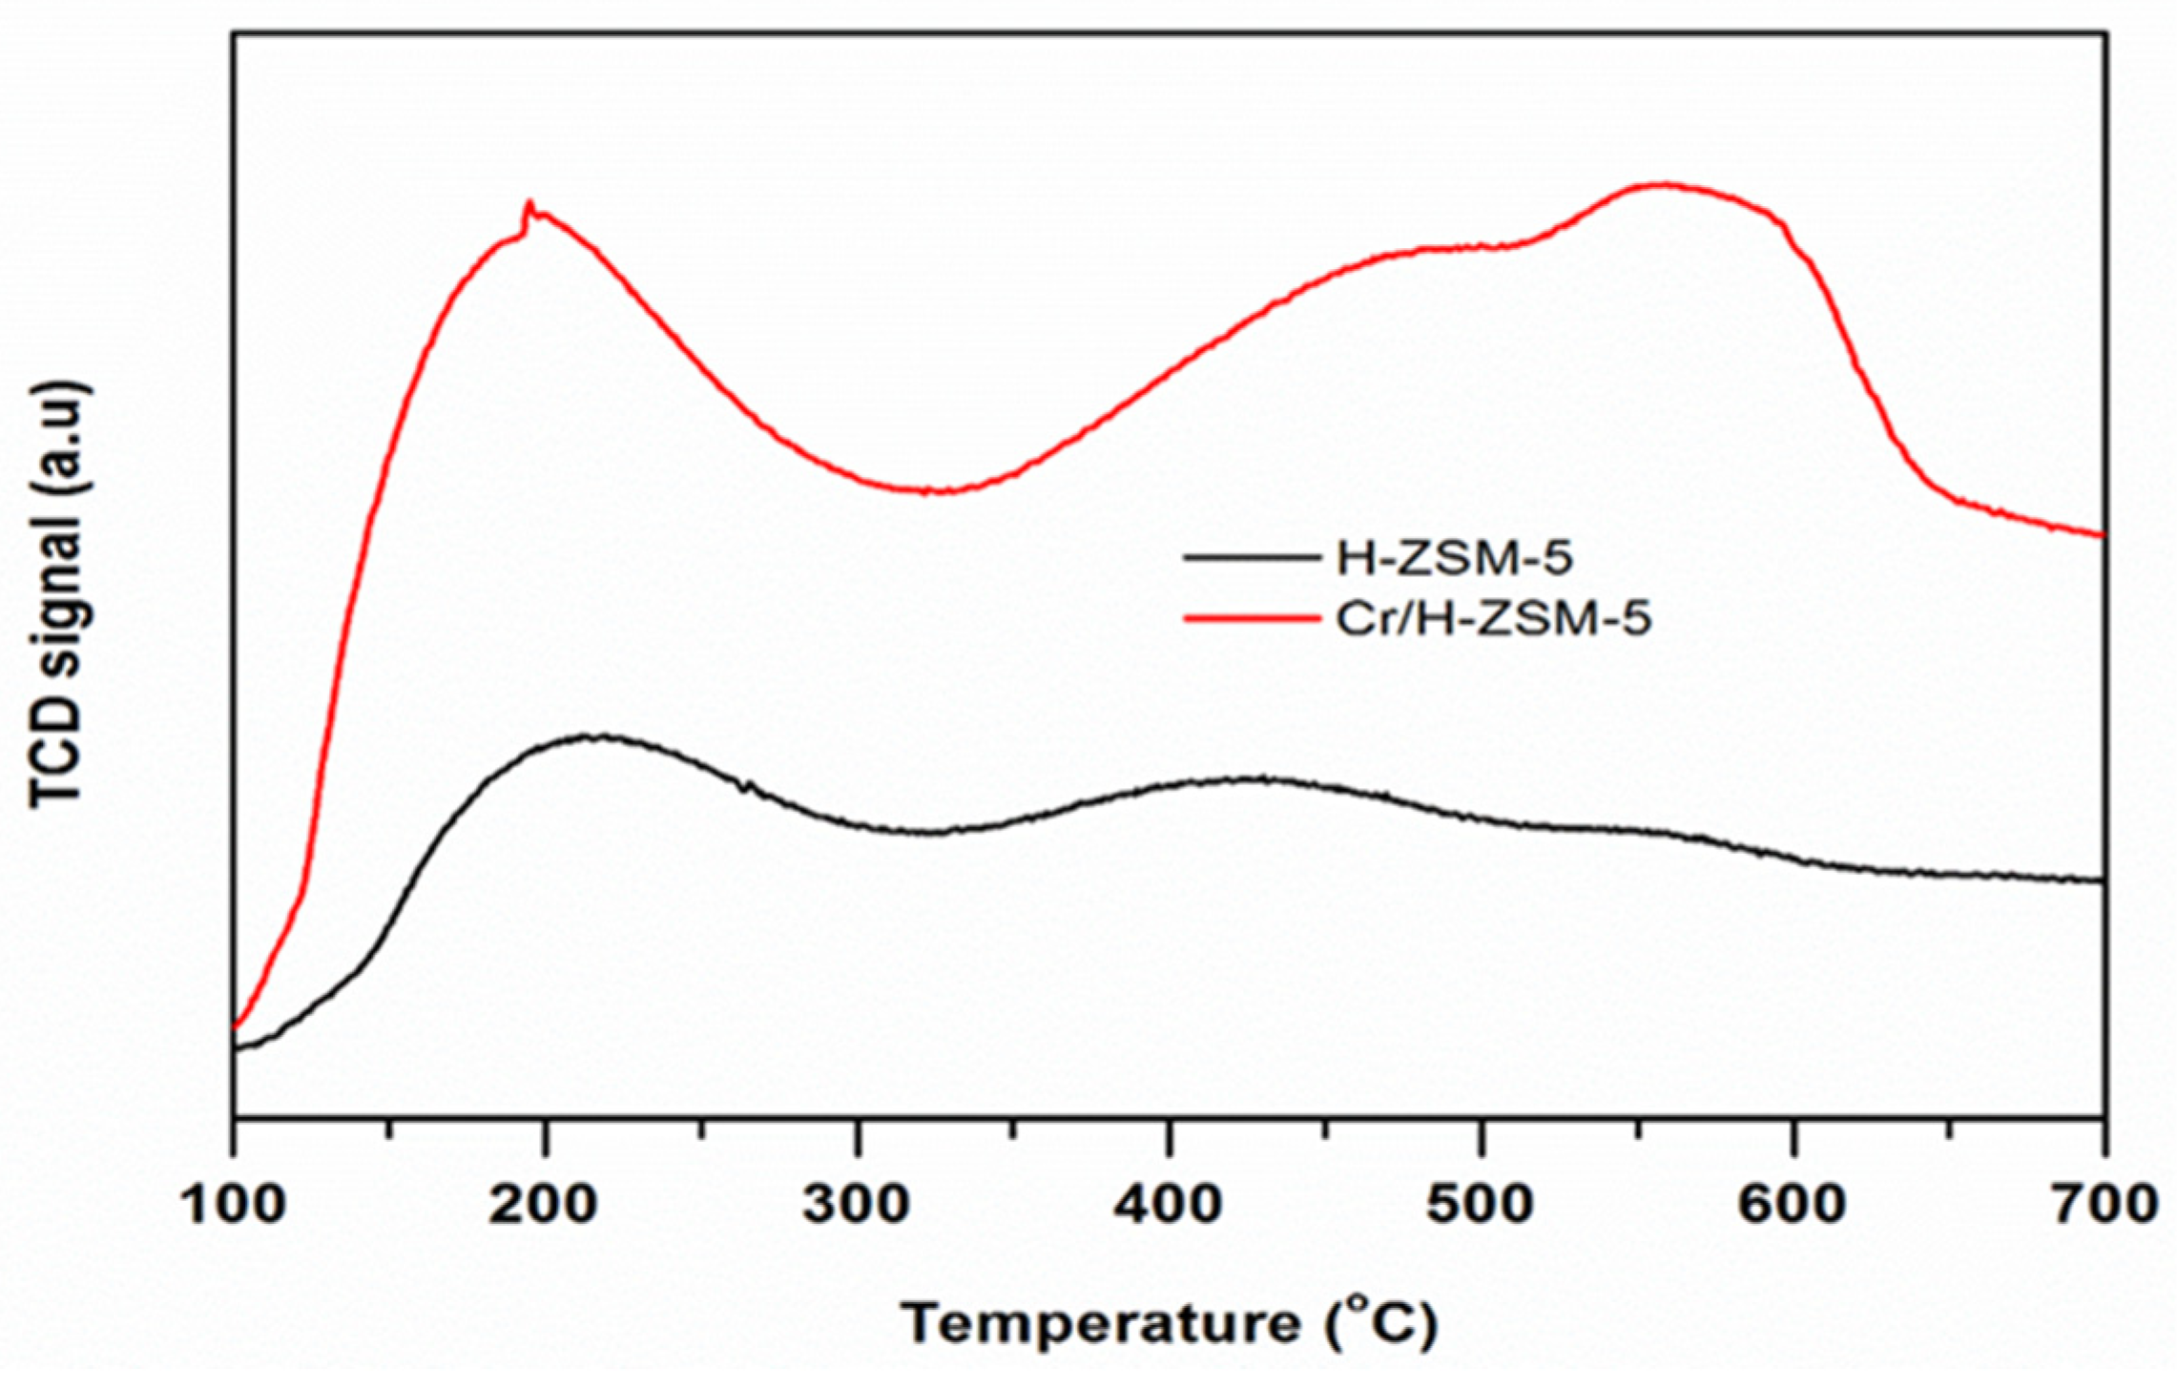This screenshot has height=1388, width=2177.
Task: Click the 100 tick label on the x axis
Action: (232, 1206)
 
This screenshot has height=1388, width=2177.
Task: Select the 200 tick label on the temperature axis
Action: (544, 1206)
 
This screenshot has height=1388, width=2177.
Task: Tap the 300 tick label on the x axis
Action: (857, 1206)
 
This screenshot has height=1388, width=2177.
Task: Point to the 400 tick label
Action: (1169, 1206)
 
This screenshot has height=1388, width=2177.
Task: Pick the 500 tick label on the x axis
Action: (1481, 1206)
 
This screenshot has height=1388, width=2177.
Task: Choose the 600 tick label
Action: (1793, 1206)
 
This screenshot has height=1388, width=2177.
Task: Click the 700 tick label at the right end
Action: (2104, 1206)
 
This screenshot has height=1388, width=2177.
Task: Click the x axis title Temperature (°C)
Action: (1170, 1325)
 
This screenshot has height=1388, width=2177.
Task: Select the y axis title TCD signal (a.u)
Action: (59, 595)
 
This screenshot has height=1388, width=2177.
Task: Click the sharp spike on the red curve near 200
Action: (529, 203)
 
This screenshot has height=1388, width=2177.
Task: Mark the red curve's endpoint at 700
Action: (2102, 535)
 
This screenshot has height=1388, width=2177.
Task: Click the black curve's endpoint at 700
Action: (2102, 880)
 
